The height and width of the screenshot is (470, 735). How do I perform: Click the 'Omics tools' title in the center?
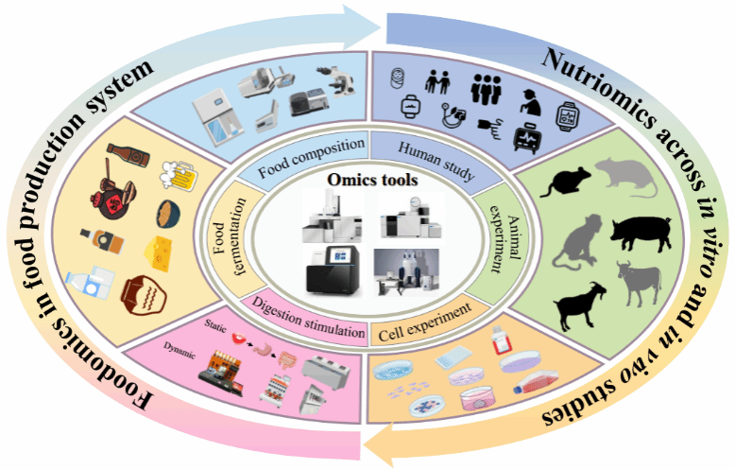click(367, 179)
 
